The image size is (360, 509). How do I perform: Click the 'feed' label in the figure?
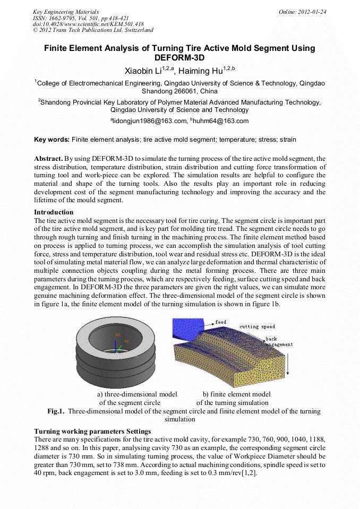pyautogui.click(x=220, y=322)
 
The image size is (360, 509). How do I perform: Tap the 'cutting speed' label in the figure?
pyautogui.click(x=257, y=326)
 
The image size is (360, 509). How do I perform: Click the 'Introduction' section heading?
pyautogui.click(x=54, y=212)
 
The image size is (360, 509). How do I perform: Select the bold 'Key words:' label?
pyautogui.click(x=52, y=140)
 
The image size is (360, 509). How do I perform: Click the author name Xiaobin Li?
pyautogui.click(x=143, y=71)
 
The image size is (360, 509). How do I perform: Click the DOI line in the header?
pyautogui.click(x=88, y=24)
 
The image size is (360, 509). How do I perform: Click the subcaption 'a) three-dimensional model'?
pyautogui.click(x=137, y=394)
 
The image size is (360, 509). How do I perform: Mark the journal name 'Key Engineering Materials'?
pyautogui.click(x=66, y=12)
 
